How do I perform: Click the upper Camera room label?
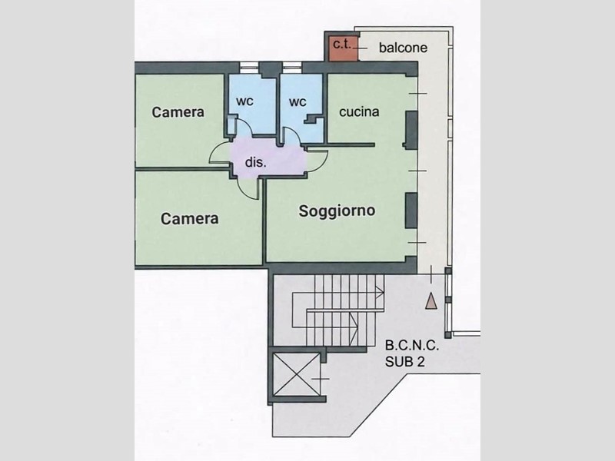178,112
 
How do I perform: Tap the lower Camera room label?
189,218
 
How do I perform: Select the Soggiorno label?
337,211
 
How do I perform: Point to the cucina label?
359,111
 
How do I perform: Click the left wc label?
244,101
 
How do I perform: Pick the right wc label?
298,102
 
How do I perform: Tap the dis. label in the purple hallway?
256,162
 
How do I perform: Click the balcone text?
403,48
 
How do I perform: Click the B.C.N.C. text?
412,345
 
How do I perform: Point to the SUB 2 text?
405,361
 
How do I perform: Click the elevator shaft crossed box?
297,374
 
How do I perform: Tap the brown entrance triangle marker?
431,301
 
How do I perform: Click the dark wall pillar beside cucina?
411,130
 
